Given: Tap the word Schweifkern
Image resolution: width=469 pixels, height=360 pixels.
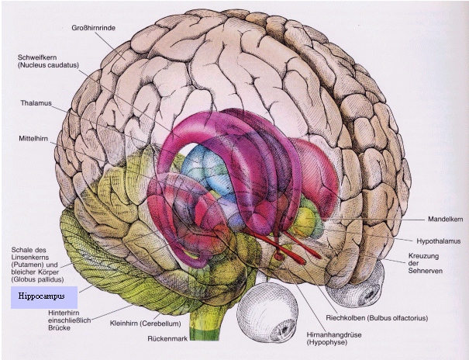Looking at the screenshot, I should (41, 57).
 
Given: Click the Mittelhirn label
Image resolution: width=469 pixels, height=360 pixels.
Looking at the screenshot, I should (36, 138).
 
